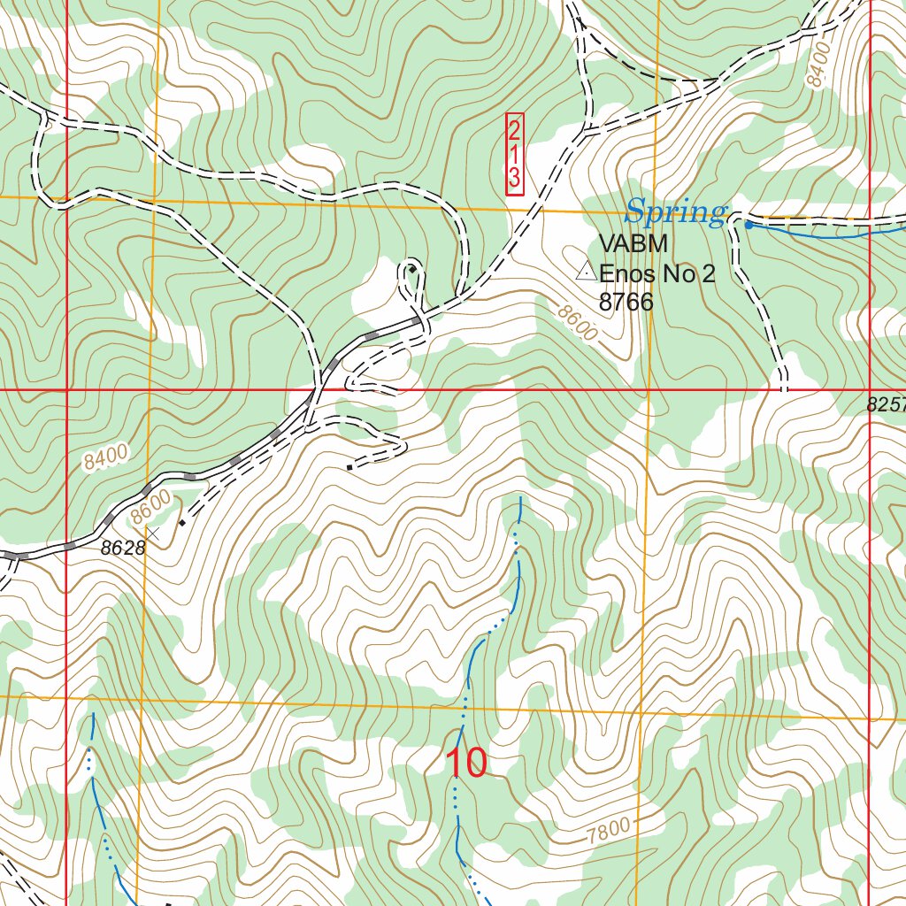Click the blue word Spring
pos(674,212)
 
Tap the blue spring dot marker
pos(749,225)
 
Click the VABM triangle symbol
pos(585,273)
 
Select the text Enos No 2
pos(656,274)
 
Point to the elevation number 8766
pos(626,303)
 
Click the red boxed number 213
pos(514,154)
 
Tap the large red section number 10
pos(465,763)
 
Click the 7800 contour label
pos(609,830)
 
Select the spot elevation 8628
pos(122,549)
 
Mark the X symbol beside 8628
pos(153,534)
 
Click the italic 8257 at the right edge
pos(886,405)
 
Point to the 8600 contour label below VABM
pos(578,322)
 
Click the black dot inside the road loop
pos(411,268)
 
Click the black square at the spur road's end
pos(350,466)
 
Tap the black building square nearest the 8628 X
pos(182,522)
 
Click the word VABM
pos(632,244)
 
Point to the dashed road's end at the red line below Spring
pos(784,388)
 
